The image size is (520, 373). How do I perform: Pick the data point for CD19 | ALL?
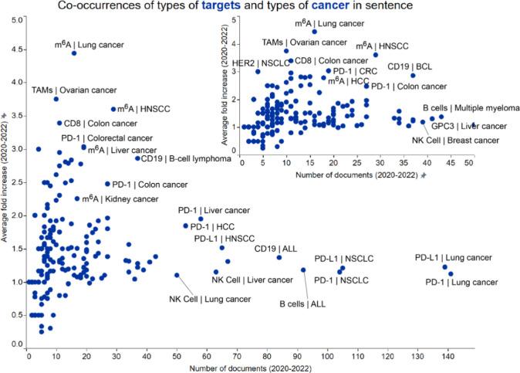[x=279, y=257]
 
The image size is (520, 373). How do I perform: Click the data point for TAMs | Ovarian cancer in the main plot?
[x=56, y=99]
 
